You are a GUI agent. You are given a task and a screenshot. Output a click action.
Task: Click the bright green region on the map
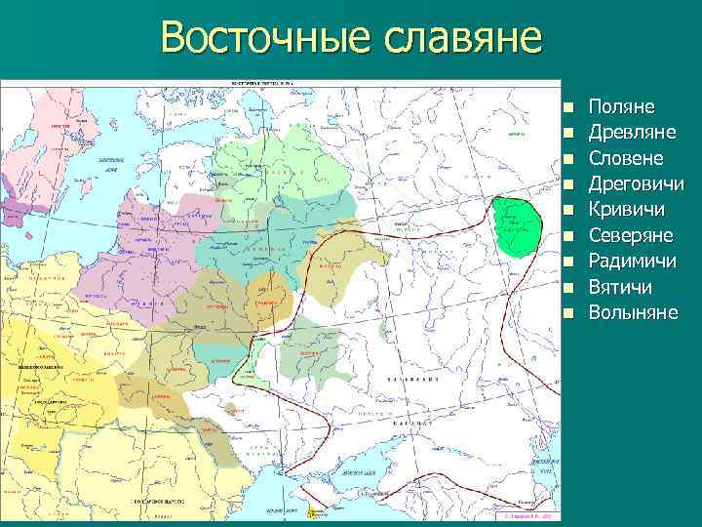pos(517,225)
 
